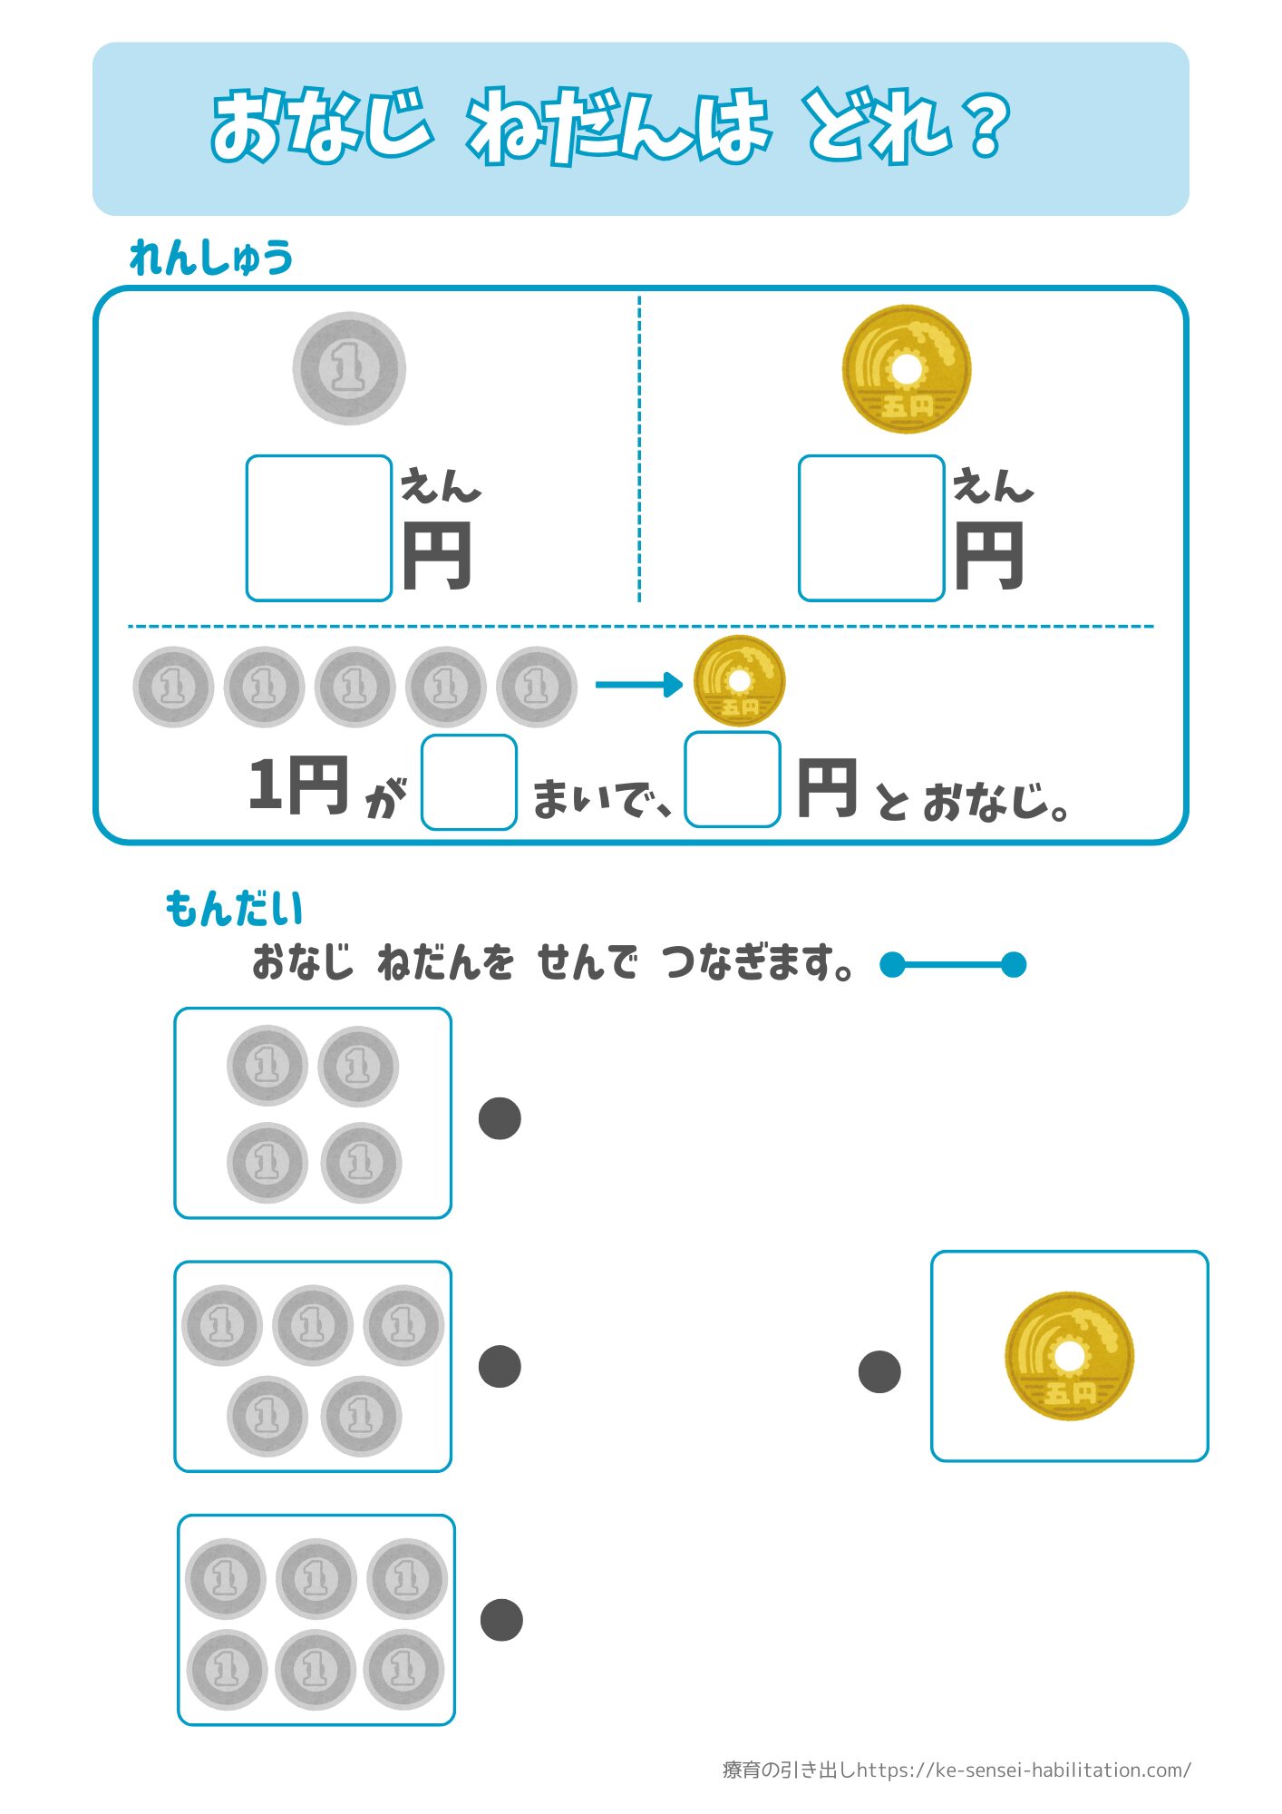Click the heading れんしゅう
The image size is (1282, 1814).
pyautogui.click(x=211, y=258)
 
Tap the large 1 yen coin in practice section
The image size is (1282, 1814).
pyautogui.click(x=349, y=368)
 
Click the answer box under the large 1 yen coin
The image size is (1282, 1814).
pyautogui.click(x=318, y=528)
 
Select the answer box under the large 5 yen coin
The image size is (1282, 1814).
pyautogui.click(x=870, y=528)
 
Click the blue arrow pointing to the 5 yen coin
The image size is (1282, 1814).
pyautogui.click(x=638, y=684)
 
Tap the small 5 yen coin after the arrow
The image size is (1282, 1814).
pyautogui.click(x=739, y=680)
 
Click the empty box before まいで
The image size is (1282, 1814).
pyautogui.click(x=469, y=782)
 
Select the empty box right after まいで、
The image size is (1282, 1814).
pyautogui.click(x=733, y=780)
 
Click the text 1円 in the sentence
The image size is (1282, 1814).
pyautogui.click(x=298, y=785)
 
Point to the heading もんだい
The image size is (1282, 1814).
pyautogui.click(x=234, y=909)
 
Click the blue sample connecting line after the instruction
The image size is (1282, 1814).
pyautogui.click(x=953, y=964)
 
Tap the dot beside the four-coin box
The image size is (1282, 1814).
pyautogui.click(x=500, y=1118)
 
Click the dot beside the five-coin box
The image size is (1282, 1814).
pyautogui.click(x=500, y=1367)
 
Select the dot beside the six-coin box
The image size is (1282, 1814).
pyautogui.click(x=501, y=1620)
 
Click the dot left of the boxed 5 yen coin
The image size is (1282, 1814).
pyautogui.click(x=879, y=1371)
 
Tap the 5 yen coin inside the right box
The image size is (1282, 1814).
pyautogui.click(x=1069, y=1357)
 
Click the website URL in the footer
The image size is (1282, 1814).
pyautogui.click(x=1024, y=1770)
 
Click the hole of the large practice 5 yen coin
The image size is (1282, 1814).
pyautogui.click(x=906, y=369)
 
